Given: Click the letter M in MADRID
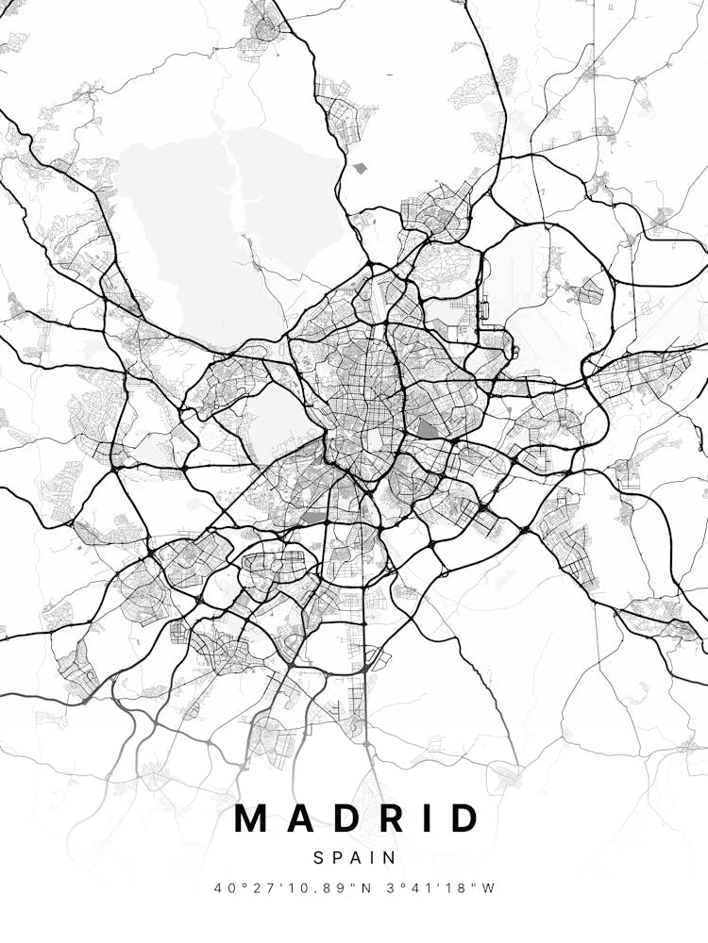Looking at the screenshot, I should pyautogui.click(x=253, y=819).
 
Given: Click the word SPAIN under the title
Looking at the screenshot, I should pyautogui.click(x=354, y=857).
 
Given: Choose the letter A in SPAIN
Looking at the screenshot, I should pyautogui.click(x=355, y=857).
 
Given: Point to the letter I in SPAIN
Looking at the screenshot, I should pyautogui.click(x=372, y=857).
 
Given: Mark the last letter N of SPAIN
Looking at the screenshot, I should pyautogui.click(x=390, y=857).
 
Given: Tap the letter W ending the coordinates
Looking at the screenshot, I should pyautogui.click(x=489, y=887).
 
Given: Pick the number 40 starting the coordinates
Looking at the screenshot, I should pyautogui.click(x=223, y=887).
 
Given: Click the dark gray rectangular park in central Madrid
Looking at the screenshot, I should pyautogui.click(x=428, y=429).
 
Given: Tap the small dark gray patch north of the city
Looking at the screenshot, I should pyautogui.click(x=359, y=168).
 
